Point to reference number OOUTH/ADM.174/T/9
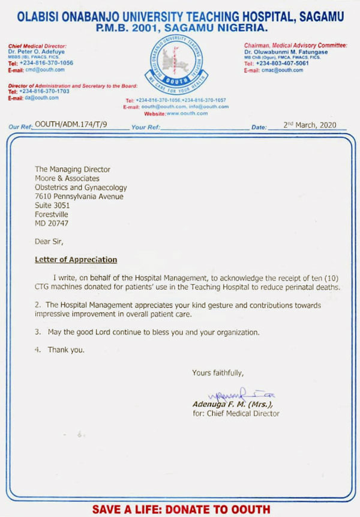pos(71,125)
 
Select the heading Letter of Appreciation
pos(76,260)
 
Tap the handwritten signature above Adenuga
pos(233,395)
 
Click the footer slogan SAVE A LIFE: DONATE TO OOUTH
pos(180,509)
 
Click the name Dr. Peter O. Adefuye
pos(37,51)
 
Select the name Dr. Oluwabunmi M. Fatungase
pos(286,52)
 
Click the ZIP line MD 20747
pos(52,223)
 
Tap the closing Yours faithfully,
pos(218,373)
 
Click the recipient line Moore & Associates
pos(67,178)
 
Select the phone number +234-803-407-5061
pos(283,64)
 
